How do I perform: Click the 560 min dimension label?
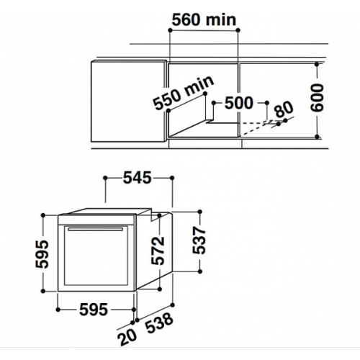pyautogui.click(x=204, y=19)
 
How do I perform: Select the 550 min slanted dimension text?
pyautogui.click(x=184, y=93)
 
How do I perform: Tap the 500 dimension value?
pyautogui.click(x=239, y=103)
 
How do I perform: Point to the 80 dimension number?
pyautogui.click(x=284, y=109)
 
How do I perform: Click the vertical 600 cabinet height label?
pyautogui.click(x=317, y=97)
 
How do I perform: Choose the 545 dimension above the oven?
pyautogui.click(x=138, y=178)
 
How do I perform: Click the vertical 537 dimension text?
pyautogui.click(x=199, y=240)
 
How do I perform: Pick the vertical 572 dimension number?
pyautogui.click(x=158, y=251)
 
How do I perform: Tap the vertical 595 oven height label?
pyautogui.click(x=42, y=254)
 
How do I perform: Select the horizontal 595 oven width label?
pyautogui.click(x=94, y=310)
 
